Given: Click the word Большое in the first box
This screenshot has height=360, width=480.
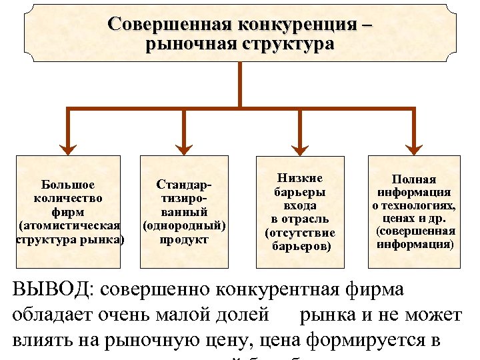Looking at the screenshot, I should pos(67,185).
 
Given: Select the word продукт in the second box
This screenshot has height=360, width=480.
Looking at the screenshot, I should pos(184,239).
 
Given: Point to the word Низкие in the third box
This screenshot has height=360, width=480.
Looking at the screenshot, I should pos(299,178).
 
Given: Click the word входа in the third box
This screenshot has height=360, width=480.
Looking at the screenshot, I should pos(299,205).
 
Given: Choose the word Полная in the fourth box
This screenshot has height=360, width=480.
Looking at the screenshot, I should pos(414,179).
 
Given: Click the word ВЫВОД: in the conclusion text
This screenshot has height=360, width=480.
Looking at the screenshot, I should pos(53,291).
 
